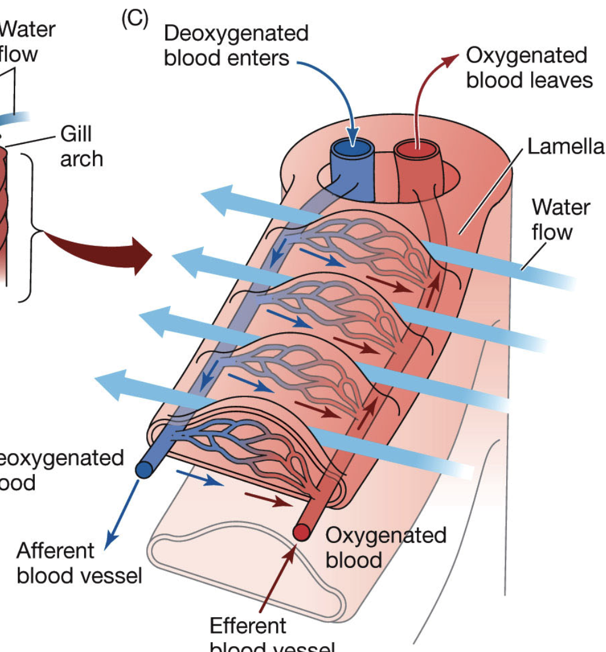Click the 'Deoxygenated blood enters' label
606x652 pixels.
pos(236,45)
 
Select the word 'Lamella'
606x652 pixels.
pos(565,147)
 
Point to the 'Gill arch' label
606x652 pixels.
pos(81,146)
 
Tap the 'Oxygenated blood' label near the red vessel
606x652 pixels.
pos(385,547)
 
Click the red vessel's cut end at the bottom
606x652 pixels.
pos(302,531)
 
